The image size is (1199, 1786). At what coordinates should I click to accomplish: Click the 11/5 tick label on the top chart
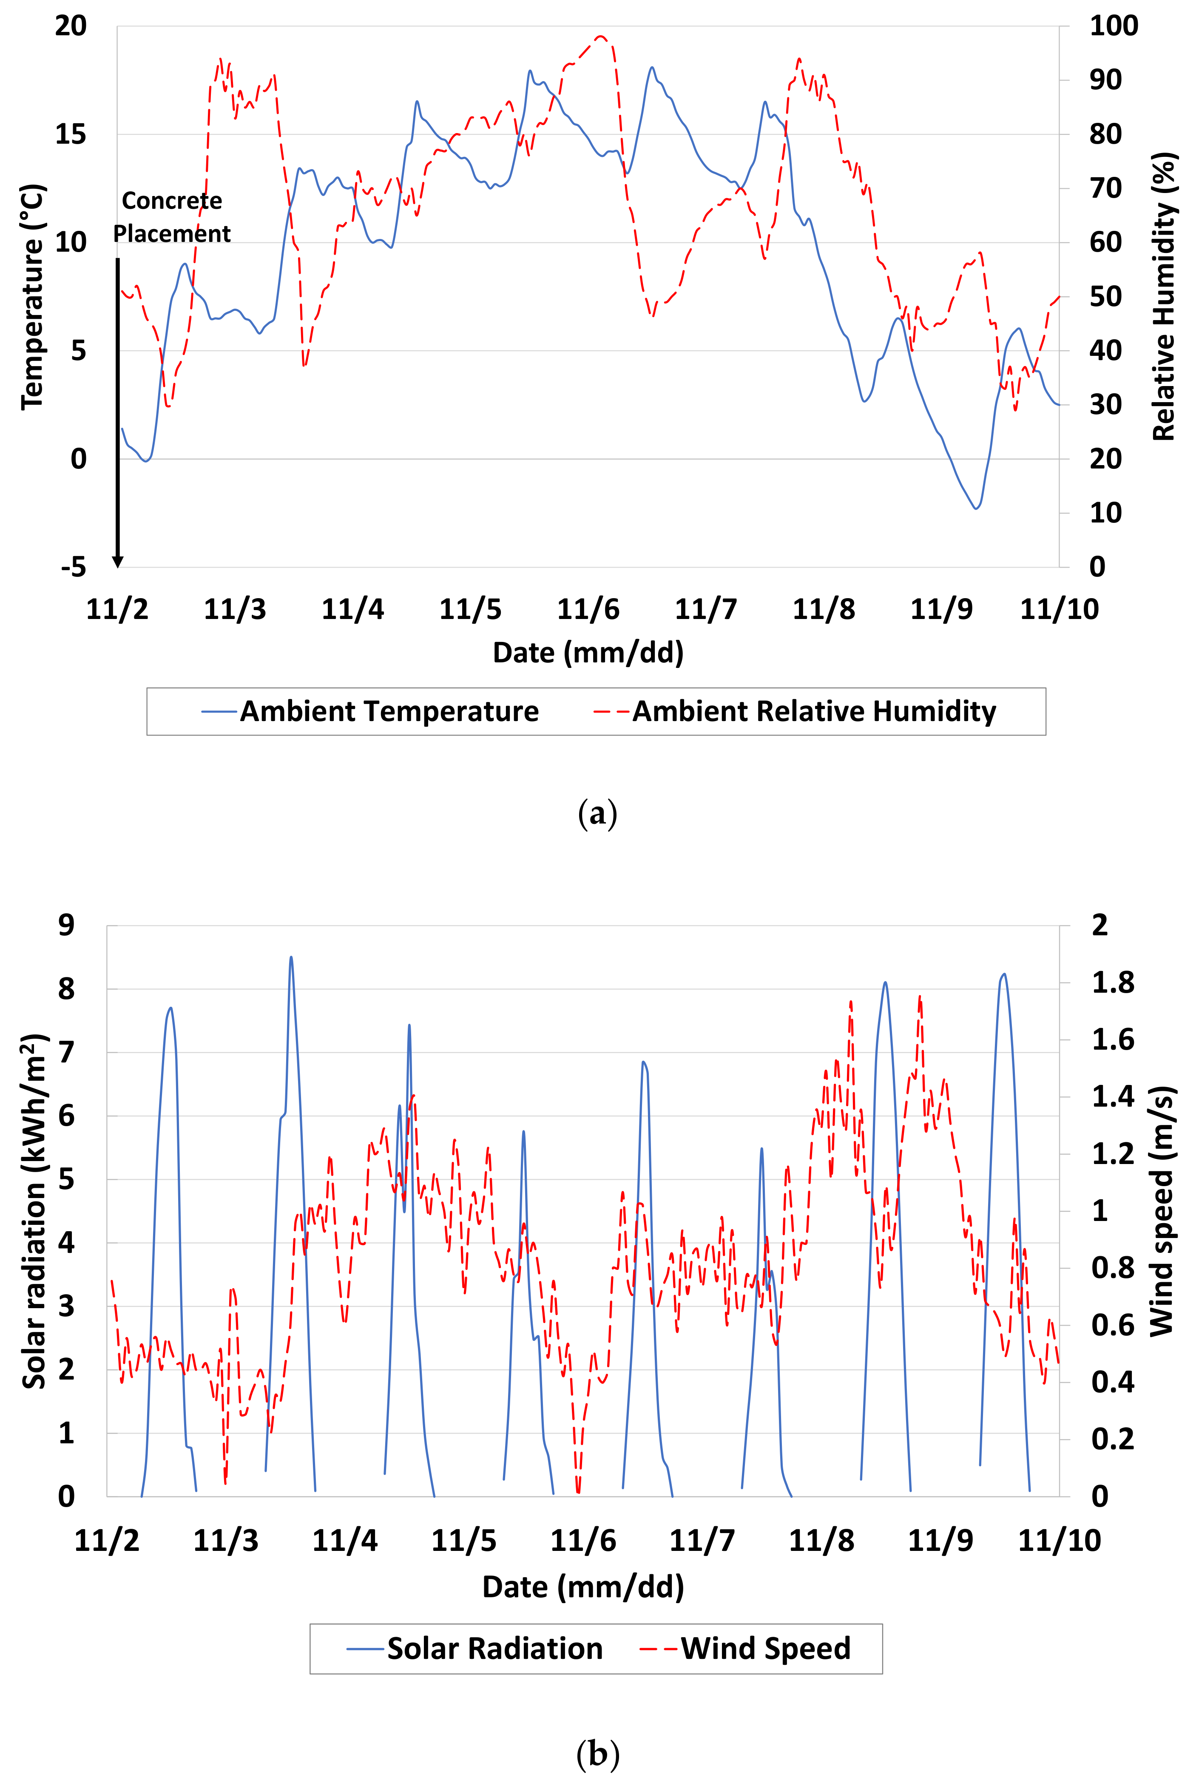(470, 609)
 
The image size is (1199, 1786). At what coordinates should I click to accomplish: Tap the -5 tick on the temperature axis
(74, 567)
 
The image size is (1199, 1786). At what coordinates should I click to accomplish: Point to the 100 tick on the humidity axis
(1114, 26)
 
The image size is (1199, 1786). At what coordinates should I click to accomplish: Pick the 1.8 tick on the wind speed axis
(1113, 982)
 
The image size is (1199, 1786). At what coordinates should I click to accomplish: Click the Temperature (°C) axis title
(32, 297)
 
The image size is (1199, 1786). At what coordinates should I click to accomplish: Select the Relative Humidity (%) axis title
(1163, 297)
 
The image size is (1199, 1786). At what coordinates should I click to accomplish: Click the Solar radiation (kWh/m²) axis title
(34, 1211)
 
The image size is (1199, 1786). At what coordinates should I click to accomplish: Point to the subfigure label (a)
(597, 813)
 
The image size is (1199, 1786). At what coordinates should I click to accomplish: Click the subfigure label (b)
(597, 1752)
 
